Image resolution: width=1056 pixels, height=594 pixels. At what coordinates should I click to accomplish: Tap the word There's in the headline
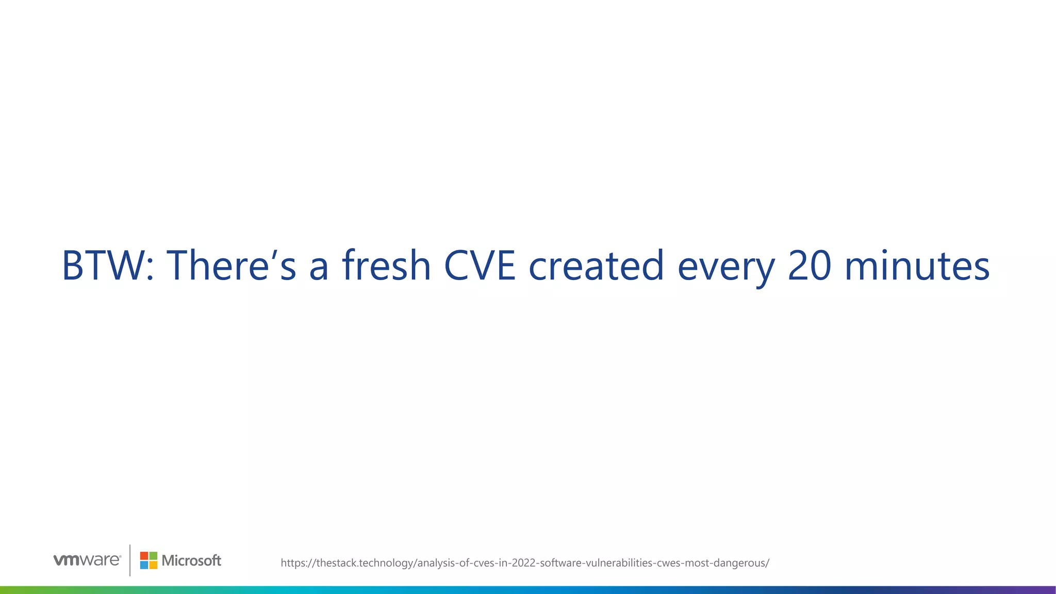(231, 266)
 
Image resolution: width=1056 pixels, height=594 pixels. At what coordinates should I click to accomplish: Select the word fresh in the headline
(386, 266)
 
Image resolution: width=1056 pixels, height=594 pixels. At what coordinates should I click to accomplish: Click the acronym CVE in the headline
(480, 266)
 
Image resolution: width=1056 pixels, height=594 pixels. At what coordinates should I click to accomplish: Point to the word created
(596, 266)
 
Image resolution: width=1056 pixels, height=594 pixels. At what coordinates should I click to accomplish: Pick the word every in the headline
(726, 268)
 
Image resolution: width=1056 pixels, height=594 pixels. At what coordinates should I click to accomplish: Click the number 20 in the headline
(810, 266)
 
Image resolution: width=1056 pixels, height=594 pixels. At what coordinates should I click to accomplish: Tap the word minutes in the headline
(917, 266)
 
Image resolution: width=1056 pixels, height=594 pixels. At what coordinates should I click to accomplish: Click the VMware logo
(87, 560)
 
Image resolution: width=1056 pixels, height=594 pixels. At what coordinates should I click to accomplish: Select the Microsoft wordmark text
(191, 560)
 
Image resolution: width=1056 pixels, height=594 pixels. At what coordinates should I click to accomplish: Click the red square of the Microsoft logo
(144, 556)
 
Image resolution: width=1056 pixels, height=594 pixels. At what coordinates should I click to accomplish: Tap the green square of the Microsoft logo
(153, 556)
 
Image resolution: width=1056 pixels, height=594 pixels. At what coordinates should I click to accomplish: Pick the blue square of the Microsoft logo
(144, 565)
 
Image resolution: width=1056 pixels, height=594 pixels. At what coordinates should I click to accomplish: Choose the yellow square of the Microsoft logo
(153, 565)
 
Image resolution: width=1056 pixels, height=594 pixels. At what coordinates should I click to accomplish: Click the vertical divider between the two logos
(130, 560)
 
